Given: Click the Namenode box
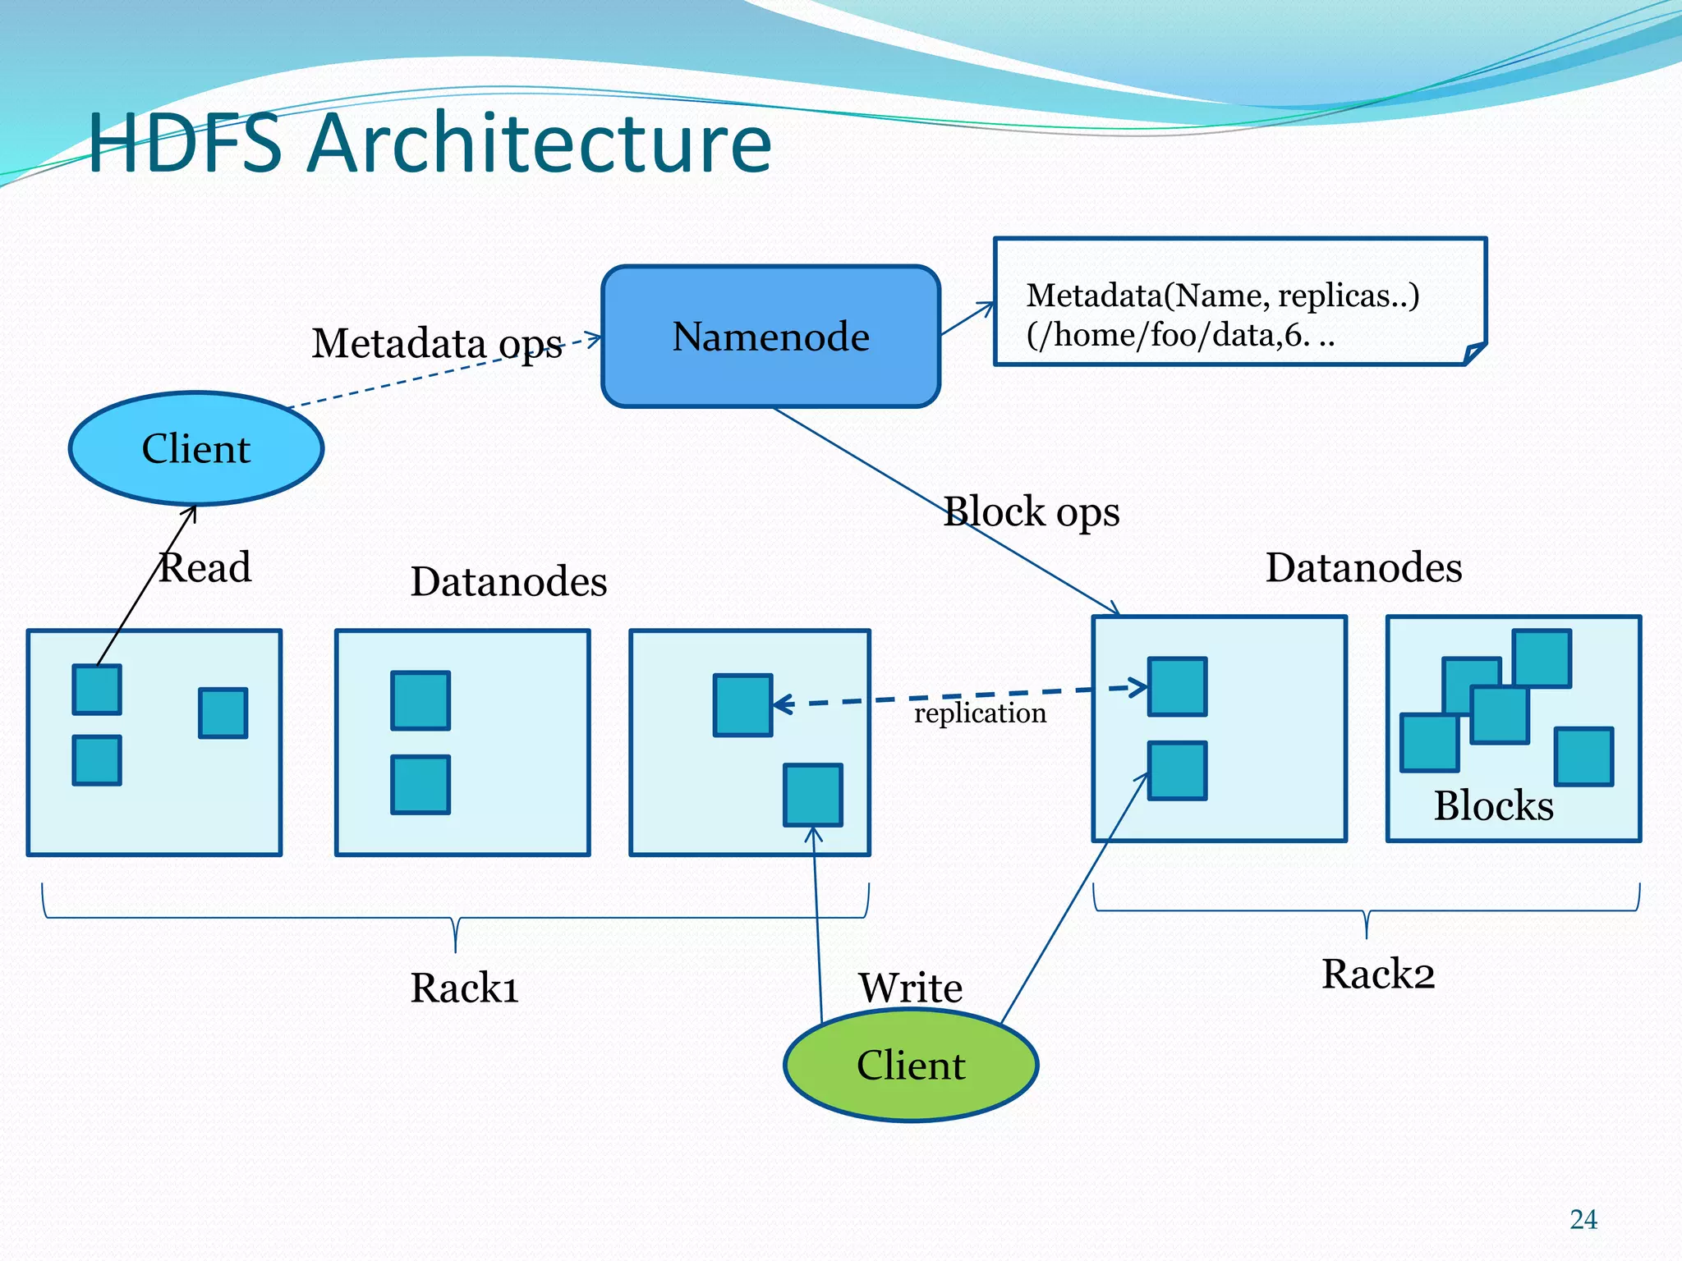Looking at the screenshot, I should pyautogui.click(x=770, y=337).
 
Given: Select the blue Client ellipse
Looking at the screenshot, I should pyautogui.click(x=196, y=448).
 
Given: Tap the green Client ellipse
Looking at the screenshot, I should pyautogui.click(x=911, y=1066).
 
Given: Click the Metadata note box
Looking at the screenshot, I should pyautogui.click(x=1239, y=302).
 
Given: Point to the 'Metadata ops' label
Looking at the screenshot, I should pyautogui.click(x=437, y=343).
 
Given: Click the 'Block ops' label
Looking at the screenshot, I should pyautogui.click(x=1032, y=511).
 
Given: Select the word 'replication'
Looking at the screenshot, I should pyautogui.click(x=980, y=713).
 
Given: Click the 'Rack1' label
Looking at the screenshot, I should pyautogui.click(x=464, y=988).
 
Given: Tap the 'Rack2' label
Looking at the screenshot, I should pyautogui.click(x=1377, y=974).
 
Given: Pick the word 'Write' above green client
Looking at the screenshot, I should pyautogui.click(x=911, y=987).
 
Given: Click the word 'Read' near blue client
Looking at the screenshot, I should pyautogui.click(x=205, y=567).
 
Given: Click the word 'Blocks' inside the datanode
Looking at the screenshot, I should pyautogui.click(x=1493, y=805).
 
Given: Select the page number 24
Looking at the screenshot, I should pyautogui.click(x=1583, y=1219).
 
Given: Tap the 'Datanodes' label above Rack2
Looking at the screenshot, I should pyautogui.click(x=1363, y=567).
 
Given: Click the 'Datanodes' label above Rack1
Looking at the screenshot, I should pyautogui.click(x=508, y=581).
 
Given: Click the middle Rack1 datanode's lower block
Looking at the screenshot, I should pyautogui.click(x=420, y=785).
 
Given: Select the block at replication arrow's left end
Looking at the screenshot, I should pyautogui.click(x=742, y=705).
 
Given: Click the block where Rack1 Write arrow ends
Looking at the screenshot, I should pyautogui.click(x=812, y=795).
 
